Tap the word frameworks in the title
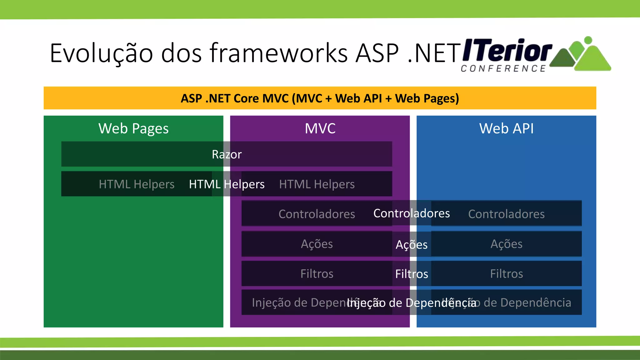pos(278,53)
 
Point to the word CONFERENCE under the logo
pos(503,68)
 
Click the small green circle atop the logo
pos(588,40)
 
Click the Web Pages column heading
pos(133,128)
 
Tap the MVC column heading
pos(320,128)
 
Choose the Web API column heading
pos(506,128)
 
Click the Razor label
pos(227,154)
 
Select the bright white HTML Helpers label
pos(227,184)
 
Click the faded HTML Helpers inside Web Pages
pos(137,184)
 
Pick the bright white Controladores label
pos(412,213)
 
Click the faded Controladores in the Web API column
pos(506,214)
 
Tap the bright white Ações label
pos(412,244)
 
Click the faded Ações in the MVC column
pos(317,244)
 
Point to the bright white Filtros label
pos(412,274)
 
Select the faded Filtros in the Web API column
pos(506,274)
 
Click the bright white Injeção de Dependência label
pos(412,303)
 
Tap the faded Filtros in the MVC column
pos(317,274)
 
